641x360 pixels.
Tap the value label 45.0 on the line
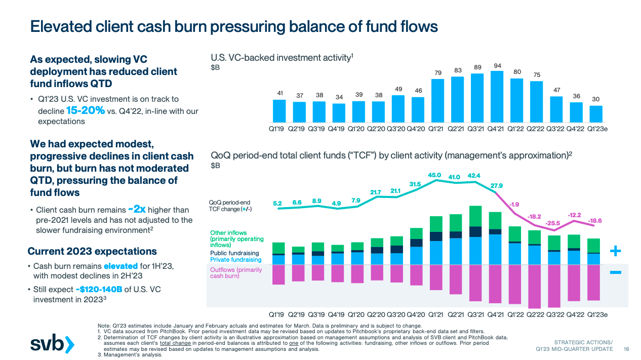pyautogui.click(x=434, y=175)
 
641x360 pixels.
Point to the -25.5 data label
pyautogui.click(x=553, y=223)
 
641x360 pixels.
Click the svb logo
pyautogui.click(x=52, y=344)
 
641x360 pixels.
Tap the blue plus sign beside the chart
pyautogui.click(x=615, y=251)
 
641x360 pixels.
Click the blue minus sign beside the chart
pyautogui.click(x=615, y=273)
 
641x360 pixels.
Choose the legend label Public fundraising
pyautogui.click(x=234, y=253)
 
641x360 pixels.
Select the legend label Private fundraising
pyautogui.click(x=234, y=260)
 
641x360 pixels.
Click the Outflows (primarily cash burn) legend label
pyautogui.click(x=236, y=273)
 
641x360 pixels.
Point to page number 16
pyautogui.click(x=626, y=349)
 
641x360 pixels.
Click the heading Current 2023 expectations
pyautogui.click(x=92, y=251)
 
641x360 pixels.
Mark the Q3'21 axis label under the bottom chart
pyautogui.click(x=475, y=314)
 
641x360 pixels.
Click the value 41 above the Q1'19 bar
pyautogui.click(x=279, y=93)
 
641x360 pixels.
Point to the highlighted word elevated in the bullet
pyautogui.click(x=121, y=266)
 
